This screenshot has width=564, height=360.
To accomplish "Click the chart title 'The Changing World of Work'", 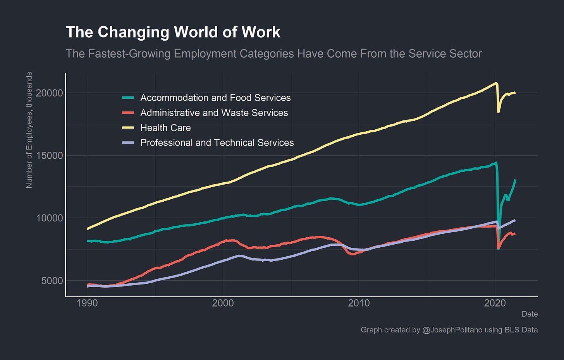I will tap(173, 32).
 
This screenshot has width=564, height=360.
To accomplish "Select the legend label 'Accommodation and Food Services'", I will tap(215, 98).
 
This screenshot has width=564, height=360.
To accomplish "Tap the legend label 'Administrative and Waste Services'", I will tap(214, 113).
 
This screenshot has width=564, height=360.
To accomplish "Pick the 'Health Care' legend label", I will tap(165, 128).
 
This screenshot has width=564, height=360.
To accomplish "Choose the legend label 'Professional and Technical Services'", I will tap(217, 143).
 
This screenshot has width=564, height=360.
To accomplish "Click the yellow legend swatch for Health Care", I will tap(128, 128).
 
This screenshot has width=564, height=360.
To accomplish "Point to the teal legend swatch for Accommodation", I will tap(128, 98).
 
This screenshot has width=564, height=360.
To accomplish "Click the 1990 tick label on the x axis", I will tap(87, 303).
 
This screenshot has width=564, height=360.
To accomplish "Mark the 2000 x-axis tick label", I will tap(223, 303).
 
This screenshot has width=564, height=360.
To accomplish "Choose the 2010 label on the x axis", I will tap(359, 303).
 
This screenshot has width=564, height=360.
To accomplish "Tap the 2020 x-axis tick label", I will tap(495, 303).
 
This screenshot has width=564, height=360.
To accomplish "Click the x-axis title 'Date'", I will tap(530, 314).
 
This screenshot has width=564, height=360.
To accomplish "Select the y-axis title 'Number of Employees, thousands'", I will tap(29, 130).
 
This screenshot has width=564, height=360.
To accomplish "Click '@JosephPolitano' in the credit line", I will tap(452, 330).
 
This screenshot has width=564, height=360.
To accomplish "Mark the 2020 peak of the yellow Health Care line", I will tap(496, 83).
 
